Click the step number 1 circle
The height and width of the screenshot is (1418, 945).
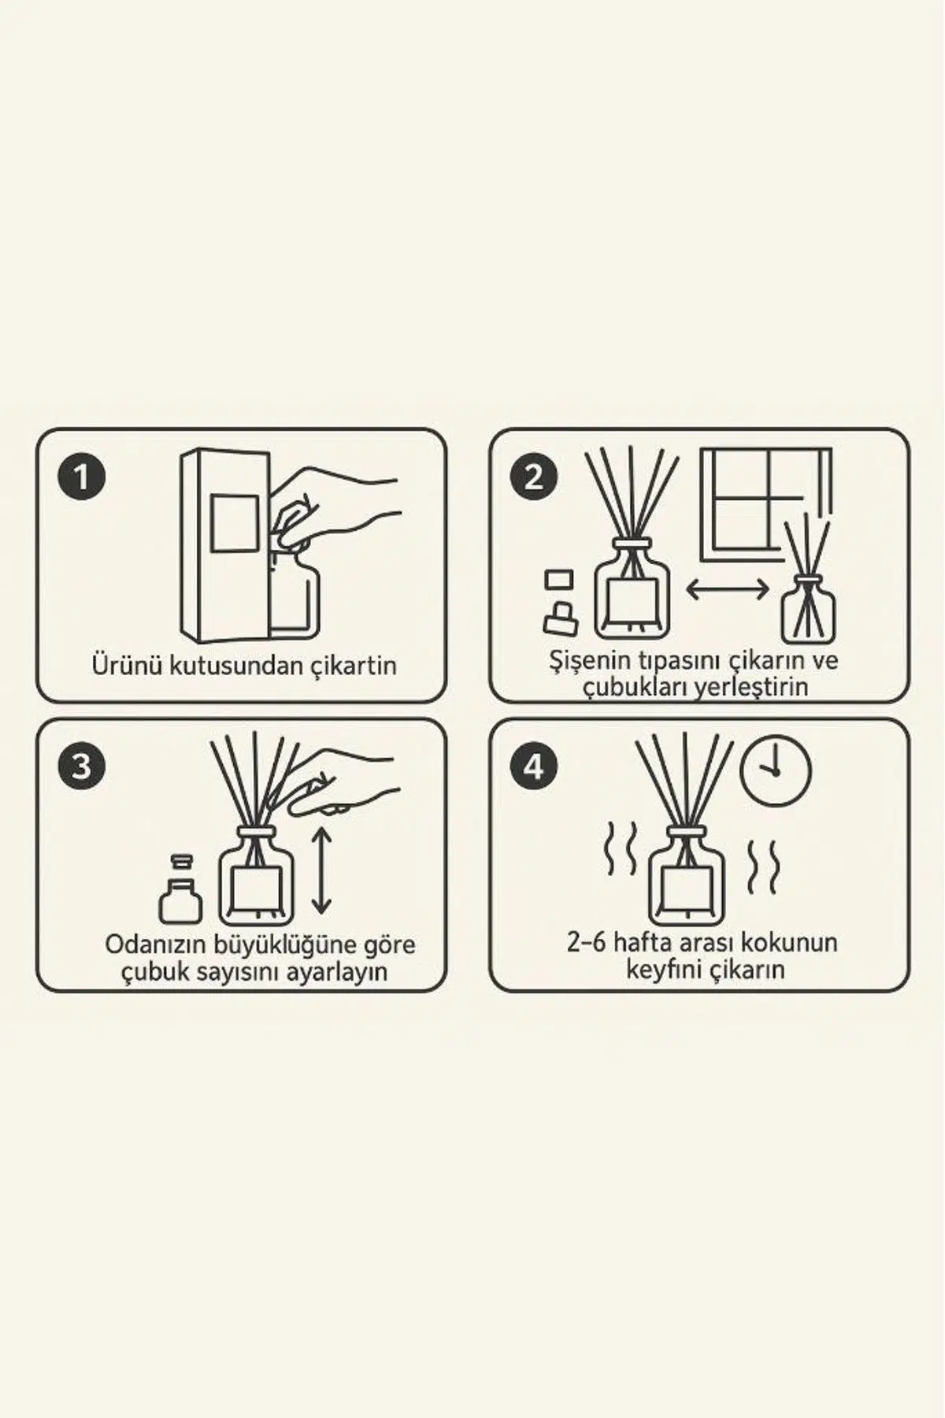pyautogui.click(x=81, y=477)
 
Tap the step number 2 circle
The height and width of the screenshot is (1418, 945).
pyautogui.click(x=535, y=477)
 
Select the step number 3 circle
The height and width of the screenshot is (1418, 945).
pyautogui.click(x=81, y=766)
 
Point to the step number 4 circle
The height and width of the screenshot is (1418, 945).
pyautogui.click(x=535, y=766)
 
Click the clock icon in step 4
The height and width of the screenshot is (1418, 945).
pyautogui.click(x=775, y=771)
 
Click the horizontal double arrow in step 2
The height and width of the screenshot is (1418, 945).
pyautogui.click(x=727, y=589)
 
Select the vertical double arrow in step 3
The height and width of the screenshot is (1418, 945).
pyautogui.click(x=321, y=869)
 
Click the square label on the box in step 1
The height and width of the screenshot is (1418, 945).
pyautogui.click(x=235, y=524)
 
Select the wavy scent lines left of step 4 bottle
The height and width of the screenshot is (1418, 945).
pyautogui.click(x=619, y=851)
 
